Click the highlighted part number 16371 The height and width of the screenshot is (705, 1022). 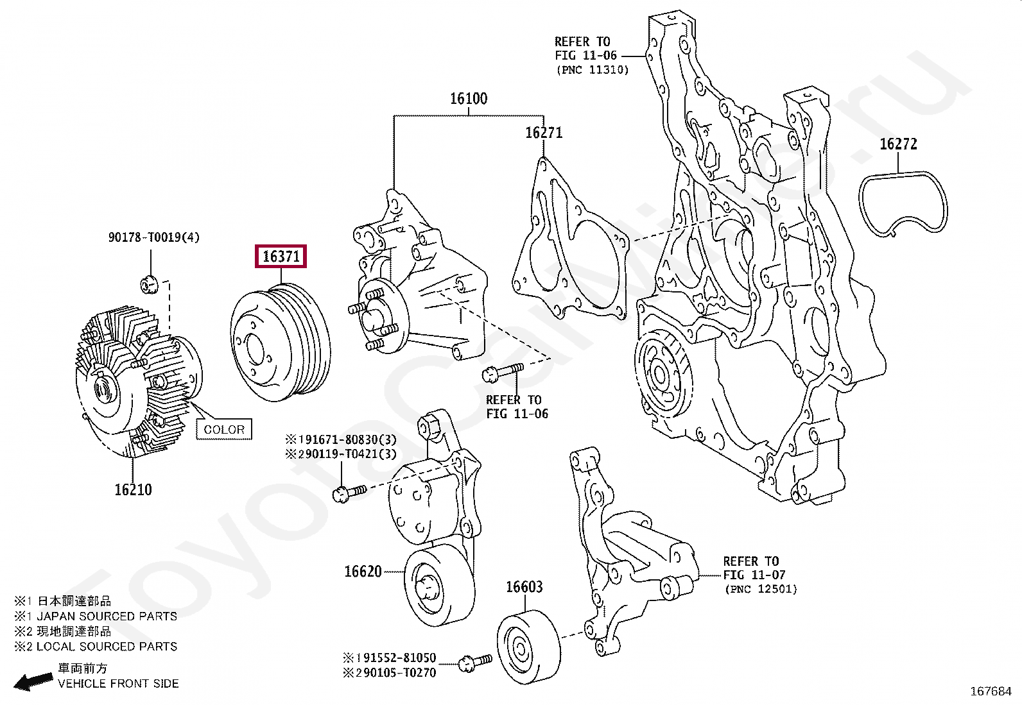(x=281, y=257)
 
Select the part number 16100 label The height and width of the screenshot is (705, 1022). (x=469, y=99)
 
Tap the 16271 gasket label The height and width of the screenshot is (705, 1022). (x=544, y=133)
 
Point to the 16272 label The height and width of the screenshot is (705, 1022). (x=898, y=144)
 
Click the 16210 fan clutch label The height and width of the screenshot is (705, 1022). (x=134, y=489)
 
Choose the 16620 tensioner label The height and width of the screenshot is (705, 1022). (x=363, y=572)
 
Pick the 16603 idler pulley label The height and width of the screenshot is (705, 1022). (x=524, y=587)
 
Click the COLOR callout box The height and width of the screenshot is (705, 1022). (x=224, y=430)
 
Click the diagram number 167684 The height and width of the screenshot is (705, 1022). (x=991, y=692)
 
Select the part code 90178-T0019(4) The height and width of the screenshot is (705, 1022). (x=154, y=237)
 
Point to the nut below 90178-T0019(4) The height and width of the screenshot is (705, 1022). (x=149, y=285)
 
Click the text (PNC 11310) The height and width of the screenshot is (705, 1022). (x=593, y=70)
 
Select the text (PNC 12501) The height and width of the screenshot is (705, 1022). (x=761, y=589)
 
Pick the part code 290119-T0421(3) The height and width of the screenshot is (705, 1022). (x=342, y=454)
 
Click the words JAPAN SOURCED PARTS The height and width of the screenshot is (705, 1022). (x=107, y=616)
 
